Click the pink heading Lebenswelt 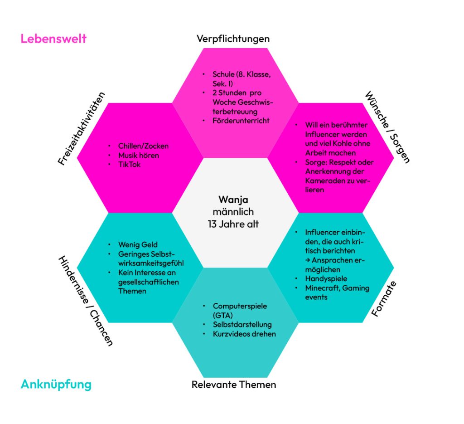pyautogui.click(x=53, y=39)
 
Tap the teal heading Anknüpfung pyautogui.click(x=56, y=385)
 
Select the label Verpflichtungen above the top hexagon pyautogui.click(x=233, y=39)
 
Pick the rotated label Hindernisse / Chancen pyautogui.click(x=85, y=301)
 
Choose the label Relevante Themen pyautogui.click(x=234, y=385)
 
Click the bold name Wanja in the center pyautogui.click(x=233, y=200)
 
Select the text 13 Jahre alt pyautogui.click(x=233, y=224)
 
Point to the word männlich pyautogui.click(x=233, y=212)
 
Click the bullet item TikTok pyautogui.click(x=129, y=164)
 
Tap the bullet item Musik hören pyautogui.click(x=138, y=155)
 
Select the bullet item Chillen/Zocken pyautogui.click(x=143, y=146)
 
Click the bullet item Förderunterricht pyautogui.click(x=241, y=121)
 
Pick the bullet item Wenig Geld pyautogui.click(x=138, y=245)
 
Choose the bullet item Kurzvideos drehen pyautogui.click(x=244, y=334)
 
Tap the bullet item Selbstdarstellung pyautogui.click(x=242, y=324)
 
